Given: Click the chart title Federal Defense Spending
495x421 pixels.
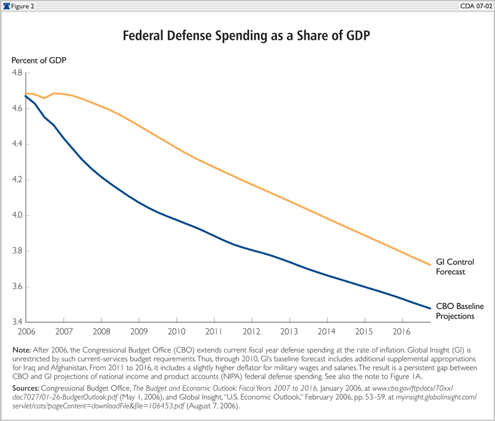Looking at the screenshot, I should (247, 36).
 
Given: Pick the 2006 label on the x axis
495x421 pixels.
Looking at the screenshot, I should (25, 332).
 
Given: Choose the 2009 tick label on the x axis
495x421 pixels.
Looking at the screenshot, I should (139, 332).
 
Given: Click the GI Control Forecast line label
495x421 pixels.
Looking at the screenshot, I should (456, 266).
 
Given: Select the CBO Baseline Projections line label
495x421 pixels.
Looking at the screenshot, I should (460, 311).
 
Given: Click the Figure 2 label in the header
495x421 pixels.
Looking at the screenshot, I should (24, 5).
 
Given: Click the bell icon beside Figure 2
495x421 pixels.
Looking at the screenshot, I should (6, 5).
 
